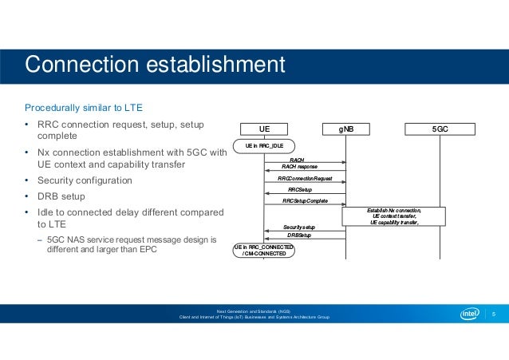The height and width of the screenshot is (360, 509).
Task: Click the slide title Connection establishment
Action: pos(155,64)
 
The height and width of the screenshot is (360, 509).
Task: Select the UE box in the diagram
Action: pos(264,128)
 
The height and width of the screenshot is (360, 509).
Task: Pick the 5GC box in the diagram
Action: pos(440,128)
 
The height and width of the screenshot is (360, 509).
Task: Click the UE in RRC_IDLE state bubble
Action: pos(264,146)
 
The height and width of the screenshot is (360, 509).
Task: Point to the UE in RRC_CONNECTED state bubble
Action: pos(264,251)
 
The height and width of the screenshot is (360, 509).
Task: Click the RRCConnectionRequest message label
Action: pos(305,178)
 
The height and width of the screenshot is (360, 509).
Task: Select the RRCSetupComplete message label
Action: pos(305,201)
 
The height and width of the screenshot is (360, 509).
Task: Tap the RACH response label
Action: pos(300,166)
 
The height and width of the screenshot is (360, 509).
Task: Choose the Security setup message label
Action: pos(300,227)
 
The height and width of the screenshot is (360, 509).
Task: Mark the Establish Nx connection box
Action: pos(394,216)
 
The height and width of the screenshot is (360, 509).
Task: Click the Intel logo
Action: pos(471,314)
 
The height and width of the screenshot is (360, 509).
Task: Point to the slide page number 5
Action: pos(494,314)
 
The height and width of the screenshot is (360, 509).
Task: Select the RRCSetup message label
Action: pos(300,189)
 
